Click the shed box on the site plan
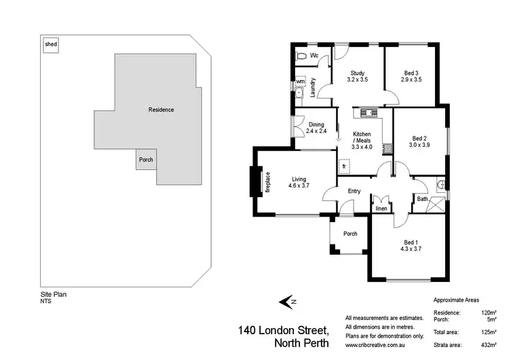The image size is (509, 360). pos(51,45)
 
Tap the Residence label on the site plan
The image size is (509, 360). pos(162,109)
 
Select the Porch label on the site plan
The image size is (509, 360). pos(146,160)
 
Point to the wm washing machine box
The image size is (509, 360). pos(300,82)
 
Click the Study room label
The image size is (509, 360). pos(358,77)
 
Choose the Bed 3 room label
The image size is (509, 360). pos(411,77)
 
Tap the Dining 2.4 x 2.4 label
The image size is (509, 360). pos(316,128)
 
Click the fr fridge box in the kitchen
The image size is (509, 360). pos(344,166)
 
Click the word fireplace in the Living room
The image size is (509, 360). pos(267,181)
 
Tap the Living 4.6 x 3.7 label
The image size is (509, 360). pos(299,182)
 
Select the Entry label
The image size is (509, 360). pos(354,192)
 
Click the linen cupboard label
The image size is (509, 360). pos(381,209)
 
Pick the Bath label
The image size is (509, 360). pos(422,199)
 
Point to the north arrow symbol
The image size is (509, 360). pos(288,302)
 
